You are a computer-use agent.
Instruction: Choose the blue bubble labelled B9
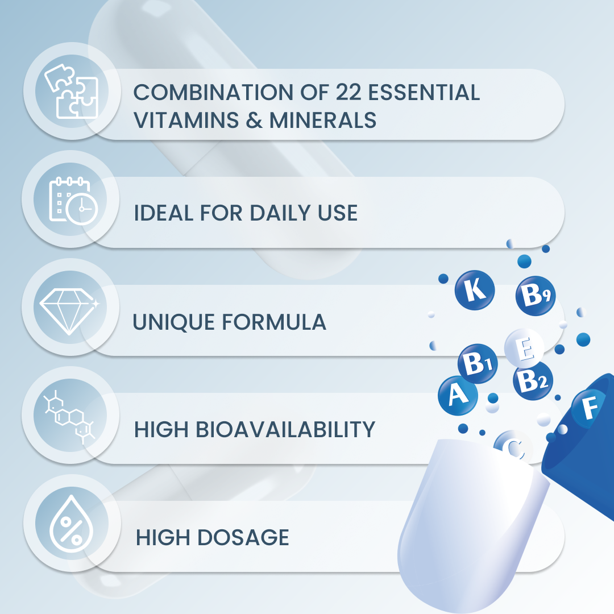coord(535,296)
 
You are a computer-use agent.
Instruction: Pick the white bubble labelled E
coord(524,349)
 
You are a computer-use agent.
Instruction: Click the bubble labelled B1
coord(478,364)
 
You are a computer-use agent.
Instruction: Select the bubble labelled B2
coord(533,380)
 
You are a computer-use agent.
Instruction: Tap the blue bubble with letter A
coord(457,394)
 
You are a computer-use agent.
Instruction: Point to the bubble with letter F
coord(590,407)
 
